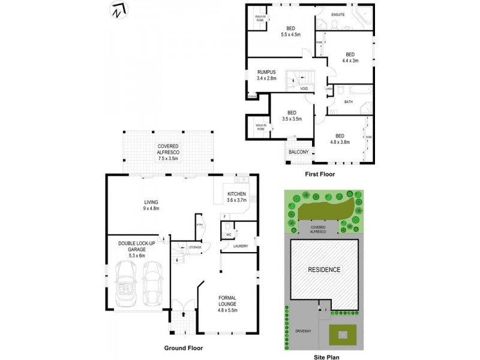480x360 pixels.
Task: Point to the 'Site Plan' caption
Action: (327, 356)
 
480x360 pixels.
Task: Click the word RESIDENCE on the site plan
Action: (325, 269)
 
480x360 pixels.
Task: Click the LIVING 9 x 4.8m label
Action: (150, 205)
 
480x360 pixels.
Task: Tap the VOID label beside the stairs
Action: (304, 89)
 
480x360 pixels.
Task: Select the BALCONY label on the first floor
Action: (298, 152)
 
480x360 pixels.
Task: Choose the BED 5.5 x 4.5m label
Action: (290, 32)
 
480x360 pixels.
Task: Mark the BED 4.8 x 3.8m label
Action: (340, 139)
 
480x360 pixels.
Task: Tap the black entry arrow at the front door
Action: (183, 313)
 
